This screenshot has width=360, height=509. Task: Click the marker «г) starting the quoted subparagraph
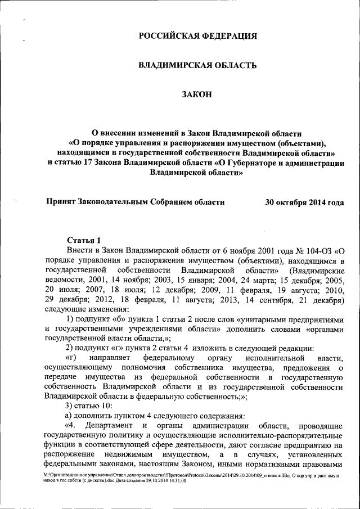click(70, 358)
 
